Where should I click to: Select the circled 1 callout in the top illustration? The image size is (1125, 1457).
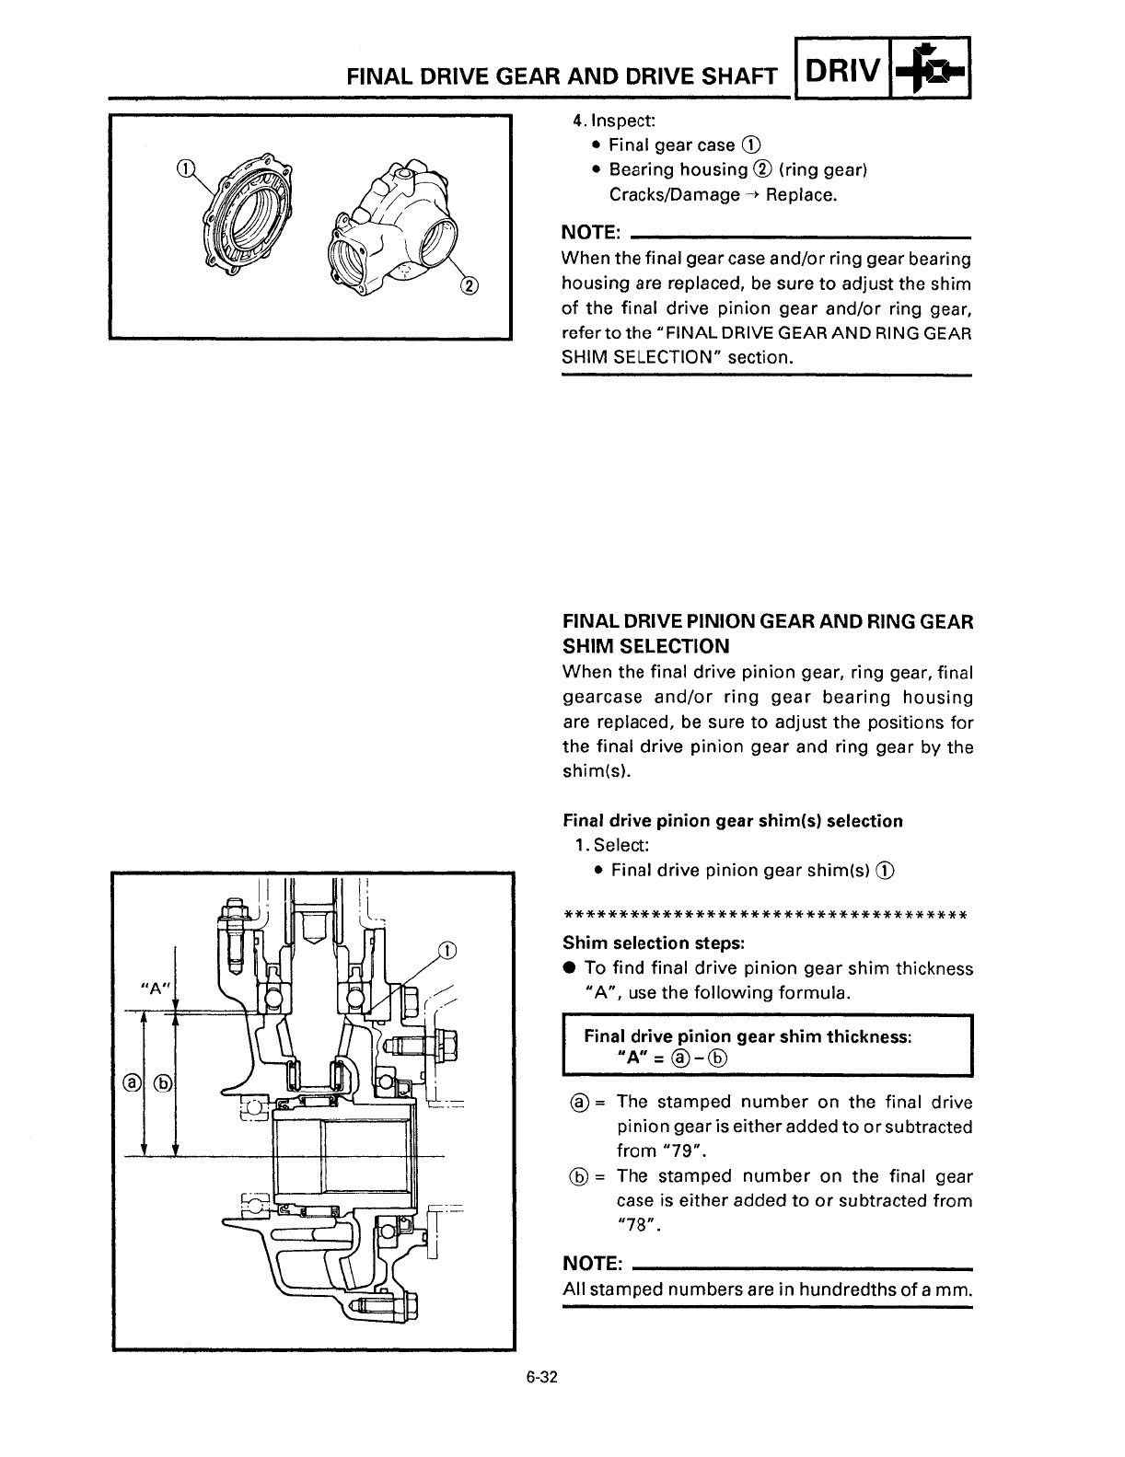point(186,168)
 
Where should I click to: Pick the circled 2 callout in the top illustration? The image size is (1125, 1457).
point(469,285)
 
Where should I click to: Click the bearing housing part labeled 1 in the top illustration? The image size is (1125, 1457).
point(242,215)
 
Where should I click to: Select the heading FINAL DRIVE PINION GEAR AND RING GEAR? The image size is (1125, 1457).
point(767,621)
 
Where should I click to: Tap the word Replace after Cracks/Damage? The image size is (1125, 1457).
point(802,194)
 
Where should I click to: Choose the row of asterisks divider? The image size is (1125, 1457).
point(764,915)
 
